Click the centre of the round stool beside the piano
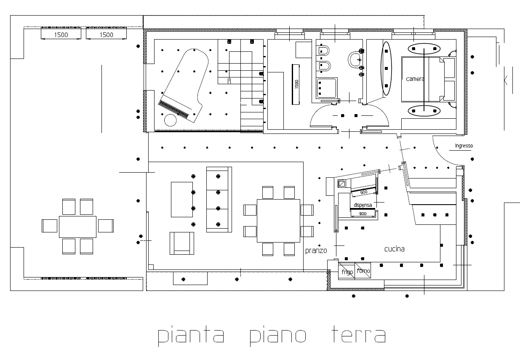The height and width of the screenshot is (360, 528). click(x=170, y=120)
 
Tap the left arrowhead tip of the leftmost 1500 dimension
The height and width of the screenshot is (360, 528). click(x=41, y=39)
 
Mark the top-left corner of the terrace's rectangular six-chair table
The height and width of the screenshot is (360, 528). click(x=59, y=216)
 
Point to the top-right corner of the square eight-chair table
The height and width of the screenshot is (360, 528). click(x=300, y=200)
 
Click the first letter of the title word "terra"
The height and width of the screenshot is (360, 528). click(x=335, y=334)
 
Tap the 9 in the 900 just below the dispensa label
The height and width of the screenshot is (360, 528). click(x=360, y=214)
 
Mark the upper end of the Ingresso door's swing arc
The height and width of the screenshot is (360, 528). click(x=433, y=136)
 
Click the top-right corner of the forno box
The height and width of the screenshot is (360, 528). click(x=371, y=263)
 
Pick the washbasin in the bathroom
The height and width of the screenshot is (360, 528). click(x=355, y=60)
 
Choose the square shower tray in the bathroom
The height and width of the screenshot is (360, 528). click(x=327, y=88)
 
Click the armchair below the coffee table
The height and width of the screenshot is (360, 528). click(x=182, y=243)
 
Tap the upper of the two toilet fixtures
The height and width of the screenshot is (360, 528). click(x=323, y=51)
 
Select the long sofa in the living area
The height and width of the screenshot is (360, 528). click(x=219, y=200)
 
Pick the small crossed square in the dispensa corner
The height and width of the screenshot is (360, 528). click(x=342, y=184)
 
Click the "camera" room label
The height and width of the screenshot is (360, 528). click(x=415, y=79)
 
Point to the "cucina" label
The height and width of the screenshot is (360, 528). click(x=395, y=249)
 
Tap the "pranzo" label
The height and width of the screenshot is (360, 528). click(x=316, y=251)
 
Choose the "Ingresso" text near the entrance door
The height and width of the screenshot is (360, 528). click(x=464, y=146)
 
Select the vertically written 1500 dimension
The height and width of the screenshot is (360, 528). click(x=297, y=84)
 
